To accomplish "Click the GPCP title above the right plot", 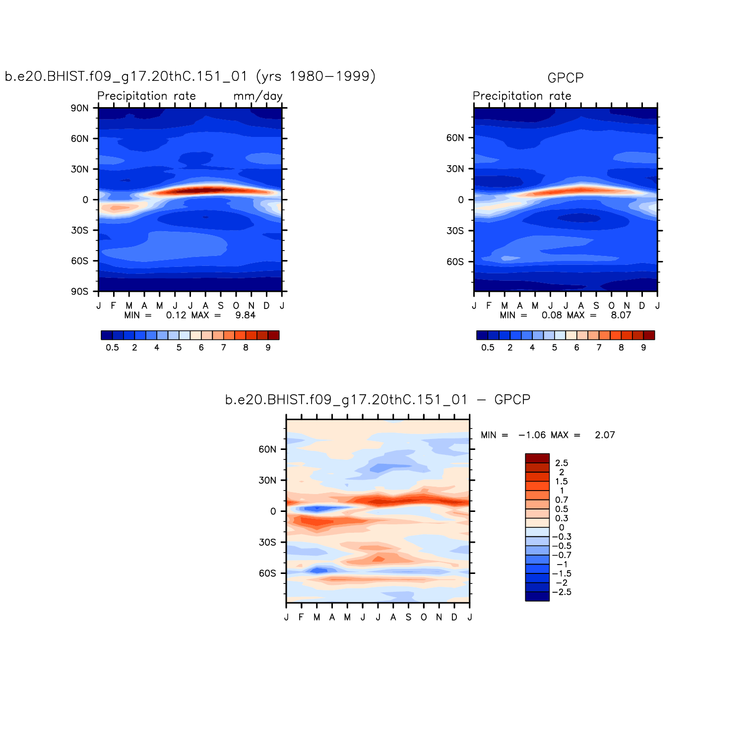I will [565, 78].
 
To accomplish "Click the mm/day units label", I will [258, 96].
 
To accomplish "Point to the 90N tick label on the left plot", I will [79, 108].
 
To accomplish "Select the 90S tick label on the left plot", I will [79, 291].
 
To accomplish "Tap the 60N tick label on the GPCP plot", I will [455, 138].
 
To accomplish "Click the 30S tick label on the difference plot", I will [267, 542].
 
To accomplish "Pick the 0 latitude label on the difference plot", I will [273, 511].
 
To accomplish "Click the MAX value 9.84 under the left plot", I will [245, 315].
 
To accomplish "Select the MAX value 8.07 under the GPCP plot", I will [621, 315].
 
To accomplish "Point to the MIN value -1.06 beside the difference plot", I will [532, 435].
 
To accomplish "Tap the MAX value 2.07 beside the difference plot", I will [605, 435].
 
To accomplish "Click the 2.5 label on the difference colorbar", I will [562, 463].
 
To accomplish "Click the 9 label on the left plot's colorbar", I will [268, 348].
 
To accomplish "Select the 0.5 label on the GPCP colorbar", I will [488, 348].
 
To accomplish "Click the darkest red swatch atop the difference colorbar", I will [537, 458].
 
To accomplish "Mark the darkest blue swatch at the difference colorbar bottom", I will [537, 596].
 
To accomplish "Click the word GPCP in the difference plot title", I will [512, 400].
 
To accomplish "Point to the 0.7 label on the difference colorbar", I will [562, 500].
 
